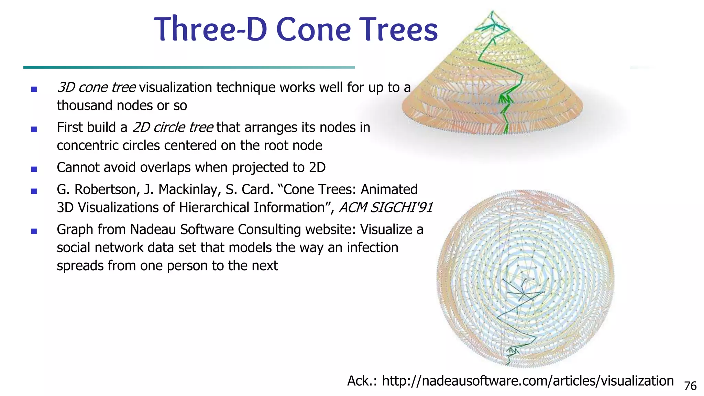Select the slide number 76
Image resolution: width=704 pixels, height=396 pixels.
coord(690,386)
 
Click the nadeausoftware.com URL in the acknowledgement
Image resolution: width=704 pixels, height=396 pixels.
coord(528,381)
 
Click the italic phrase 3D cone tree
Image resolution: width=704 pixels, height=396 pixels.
coord(97,87)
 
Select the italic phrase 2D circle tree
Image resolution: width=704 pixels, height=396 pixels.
coord(173,128)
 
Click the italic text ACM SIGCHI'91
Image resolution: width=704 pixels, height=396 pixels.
coord(385,208)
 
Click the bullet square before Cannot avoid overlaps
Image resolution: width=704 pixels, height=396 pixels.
coord(34,169)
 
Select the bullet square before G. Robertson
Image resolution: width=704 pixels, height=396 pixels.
coord(34,191)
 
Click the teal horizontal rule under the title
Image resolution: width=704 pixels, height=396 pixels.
coord(189,67)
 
